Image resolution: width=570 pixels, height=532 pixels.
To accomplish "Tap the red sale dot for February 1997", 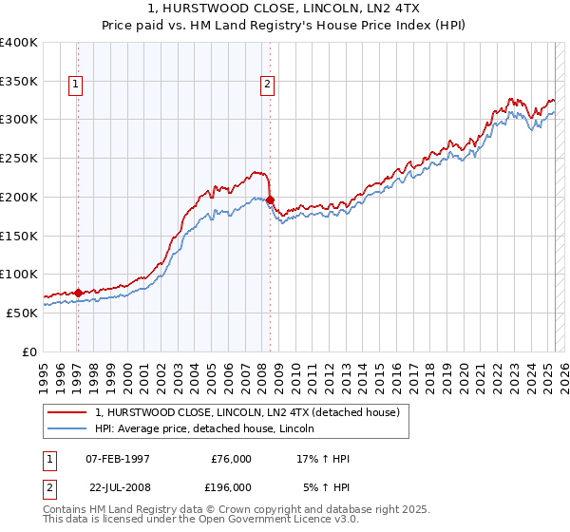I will pyautogui.click(x=78, y=292).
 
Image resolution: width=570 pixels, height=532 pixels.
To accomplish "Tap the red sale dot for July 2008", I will pyautogui.click(x=270, y=199).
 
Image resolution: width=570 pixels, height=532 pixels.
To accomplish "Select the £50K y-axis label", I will pyautogui.click(x=21, y=313).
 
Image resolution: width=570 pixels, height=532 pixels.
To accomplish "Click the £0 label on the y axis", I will pyautogui.click(x=29, y=351).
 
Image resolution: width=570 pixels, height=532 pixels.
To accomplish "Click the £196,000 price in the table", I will pyautogui.click(x=231, y=487).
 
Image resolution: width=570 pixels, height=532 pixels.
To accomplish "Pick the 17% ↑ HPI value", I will pyautogui.click(x=324, y=459).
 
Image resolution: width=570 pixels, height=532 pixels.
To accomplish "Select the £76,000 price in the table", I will pyautogui.click(x=231, y=459).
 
